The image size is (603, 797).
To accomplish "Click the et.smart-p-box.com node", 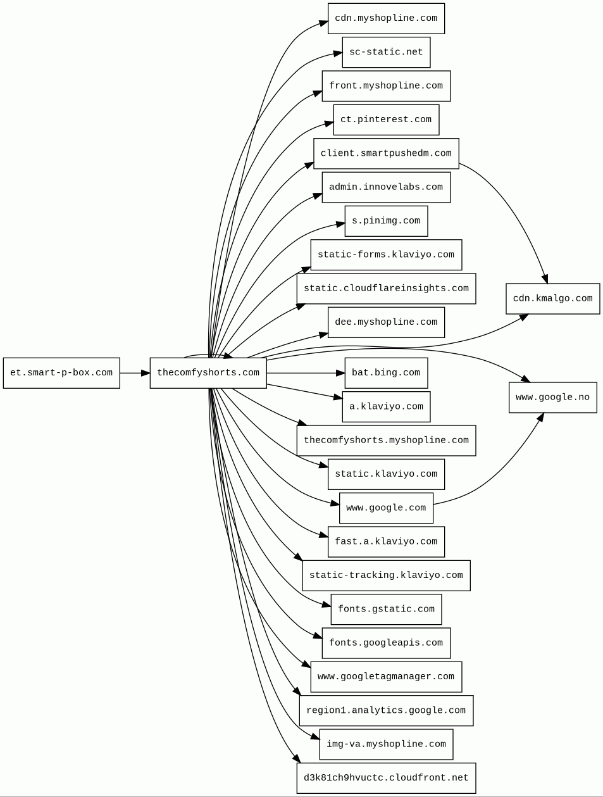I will click(61, 373).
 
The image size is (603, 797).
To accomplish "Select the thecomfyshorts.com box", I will click(208, 373).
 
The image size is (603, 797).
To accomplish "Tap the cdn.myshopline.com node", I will click(386, 18).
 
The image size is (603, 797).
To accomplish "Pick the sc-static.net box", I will click(386, 52).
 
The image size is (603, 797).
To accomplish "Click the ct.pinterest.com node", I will click(386, 120).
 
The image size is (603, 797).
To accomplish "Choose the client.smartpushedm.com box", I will click(386, 153).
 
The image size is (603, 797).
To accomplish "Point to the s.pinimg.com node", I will click(386, 221).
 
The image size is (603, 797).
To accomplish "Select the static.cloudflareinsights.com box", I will click(386, 289).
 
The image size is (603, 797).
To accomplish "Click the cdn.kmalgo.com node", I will click(552, 299).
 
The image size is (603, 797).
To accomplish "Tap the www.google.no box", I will click(552, 398).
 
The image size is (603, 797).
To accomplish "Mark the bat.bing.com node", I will click(386, 373).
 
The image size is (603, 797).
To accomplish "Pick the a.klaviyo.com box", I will click(386, 406).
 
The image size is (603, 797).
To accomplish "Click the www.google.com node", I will click(386, 508).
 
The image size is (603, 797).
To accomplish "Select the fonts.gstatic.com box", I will click(386, 609).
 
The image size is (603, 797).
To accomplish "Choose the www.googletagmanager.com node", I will click(386, 677).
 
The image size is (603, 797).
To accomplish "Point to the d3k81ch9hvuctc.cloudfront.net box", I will click(386, 778).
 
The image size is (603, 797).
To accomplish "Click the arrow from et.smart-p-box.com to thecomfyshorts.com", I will click(135, 373).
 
